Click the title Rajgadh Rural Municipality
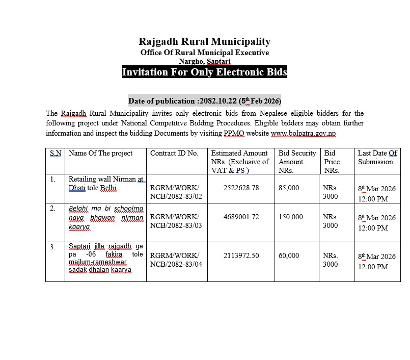[x=205, y=42]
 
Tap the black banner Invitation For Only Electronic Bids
[x=205, y=72]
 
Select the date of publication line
[x=205, y=100]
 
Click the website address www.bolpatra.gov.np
[x=303, y=133]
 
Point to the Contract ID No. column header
[x=174, y=153]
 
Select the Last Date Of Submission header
[x=377, y=157]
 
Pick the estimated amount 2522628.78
[x=241, y=188]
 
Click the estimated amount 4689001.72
[x=241, y=217]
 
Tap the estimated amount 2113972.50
[x=241, y=255]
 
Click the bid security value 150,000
[x=291, y=217]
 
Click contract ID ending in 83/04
[x=176, y=260]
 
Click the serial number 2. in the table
[x=53, y=208]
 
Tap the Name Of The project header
[x=100, y=153]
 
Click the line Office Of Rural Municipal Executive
[x=205, y=53]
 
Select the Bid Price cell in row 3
[x=330, y=260]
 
